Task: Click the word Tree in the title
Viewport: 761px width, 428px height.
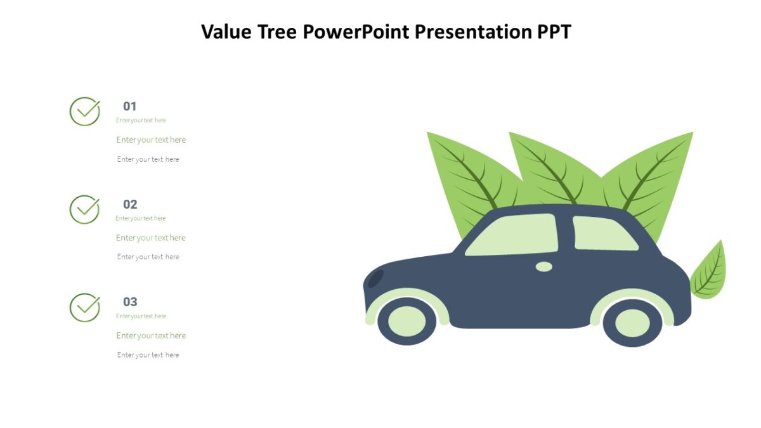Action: pyautogui.click(x=277, y=31)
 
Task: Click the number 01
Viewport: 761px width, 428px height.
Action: pyautogui.click(x=130, y=107)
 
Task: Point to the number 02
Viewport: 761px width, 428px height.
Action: pyautogui.click(x=130, y=204)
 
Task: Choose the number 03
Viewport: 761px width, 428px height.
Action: pyautogui.click(x=130, y=302)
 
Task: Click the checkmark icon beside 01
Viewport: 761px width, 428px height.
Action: pyautogui.click(x=84, y=112)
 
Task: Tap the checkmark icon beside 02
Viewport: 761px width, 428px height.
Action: pyautogui.click(x=84, y=209)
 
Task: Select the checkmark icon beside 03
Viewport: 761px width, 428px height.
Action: pyautogui.click(x=84, y=307)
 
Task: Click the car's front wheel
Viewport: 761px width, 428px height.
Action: pyautogui.click(x=407, y=321)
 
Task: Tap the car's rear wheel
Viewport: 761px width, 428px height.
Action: pyautogui.click(x=632, y=323)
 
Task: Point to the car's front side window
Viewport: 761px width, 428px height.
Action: pyautogui.click(x=512, y=235)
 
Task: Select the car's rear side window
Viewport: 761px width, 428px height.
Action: pyautogui.click(x=603, y=234)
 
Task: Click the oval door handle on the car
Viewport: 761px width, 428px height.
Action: pyautogui.click(x=544, y=266)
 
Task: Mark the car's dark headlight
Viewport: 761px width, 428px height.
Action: pyautogui.click(x=375, y=278)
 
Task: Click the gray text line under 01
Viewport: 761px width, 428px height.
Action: pyautogui.click(x=148, y=159)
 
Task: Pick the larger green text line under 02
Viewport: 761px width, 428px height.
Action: pyautogui.click(x=151, y=238)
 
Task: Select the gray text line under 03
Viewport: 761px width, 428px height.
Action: pyautogui.click(x=148, y=355)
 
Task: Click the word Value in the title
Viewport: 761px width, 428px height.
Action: pyautogui.click(x=226, y=31)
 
